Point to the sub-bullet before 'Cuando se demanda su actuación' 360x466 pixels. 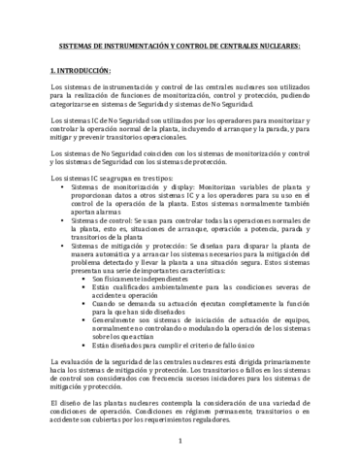84,318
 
